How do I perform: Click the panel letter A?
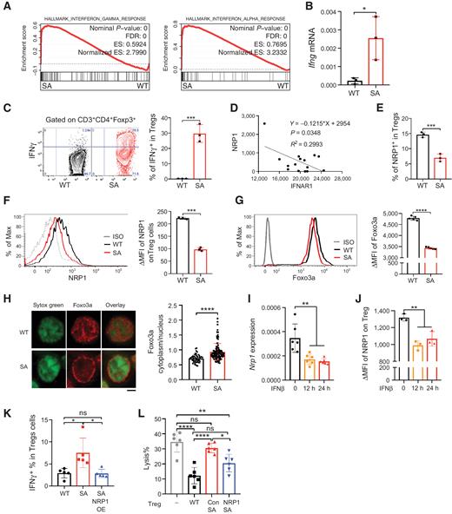point(7,8)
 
